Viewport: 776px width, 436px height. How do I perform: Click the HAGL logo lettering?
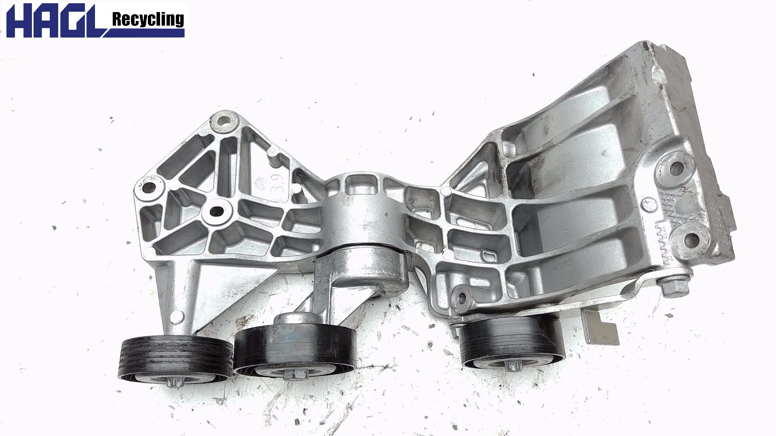[55, 20]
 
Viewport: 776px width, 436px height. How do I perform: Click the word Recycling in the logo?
[148, 19]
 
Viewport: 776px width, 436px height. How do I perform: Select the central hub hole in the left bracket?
[217, 211]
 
